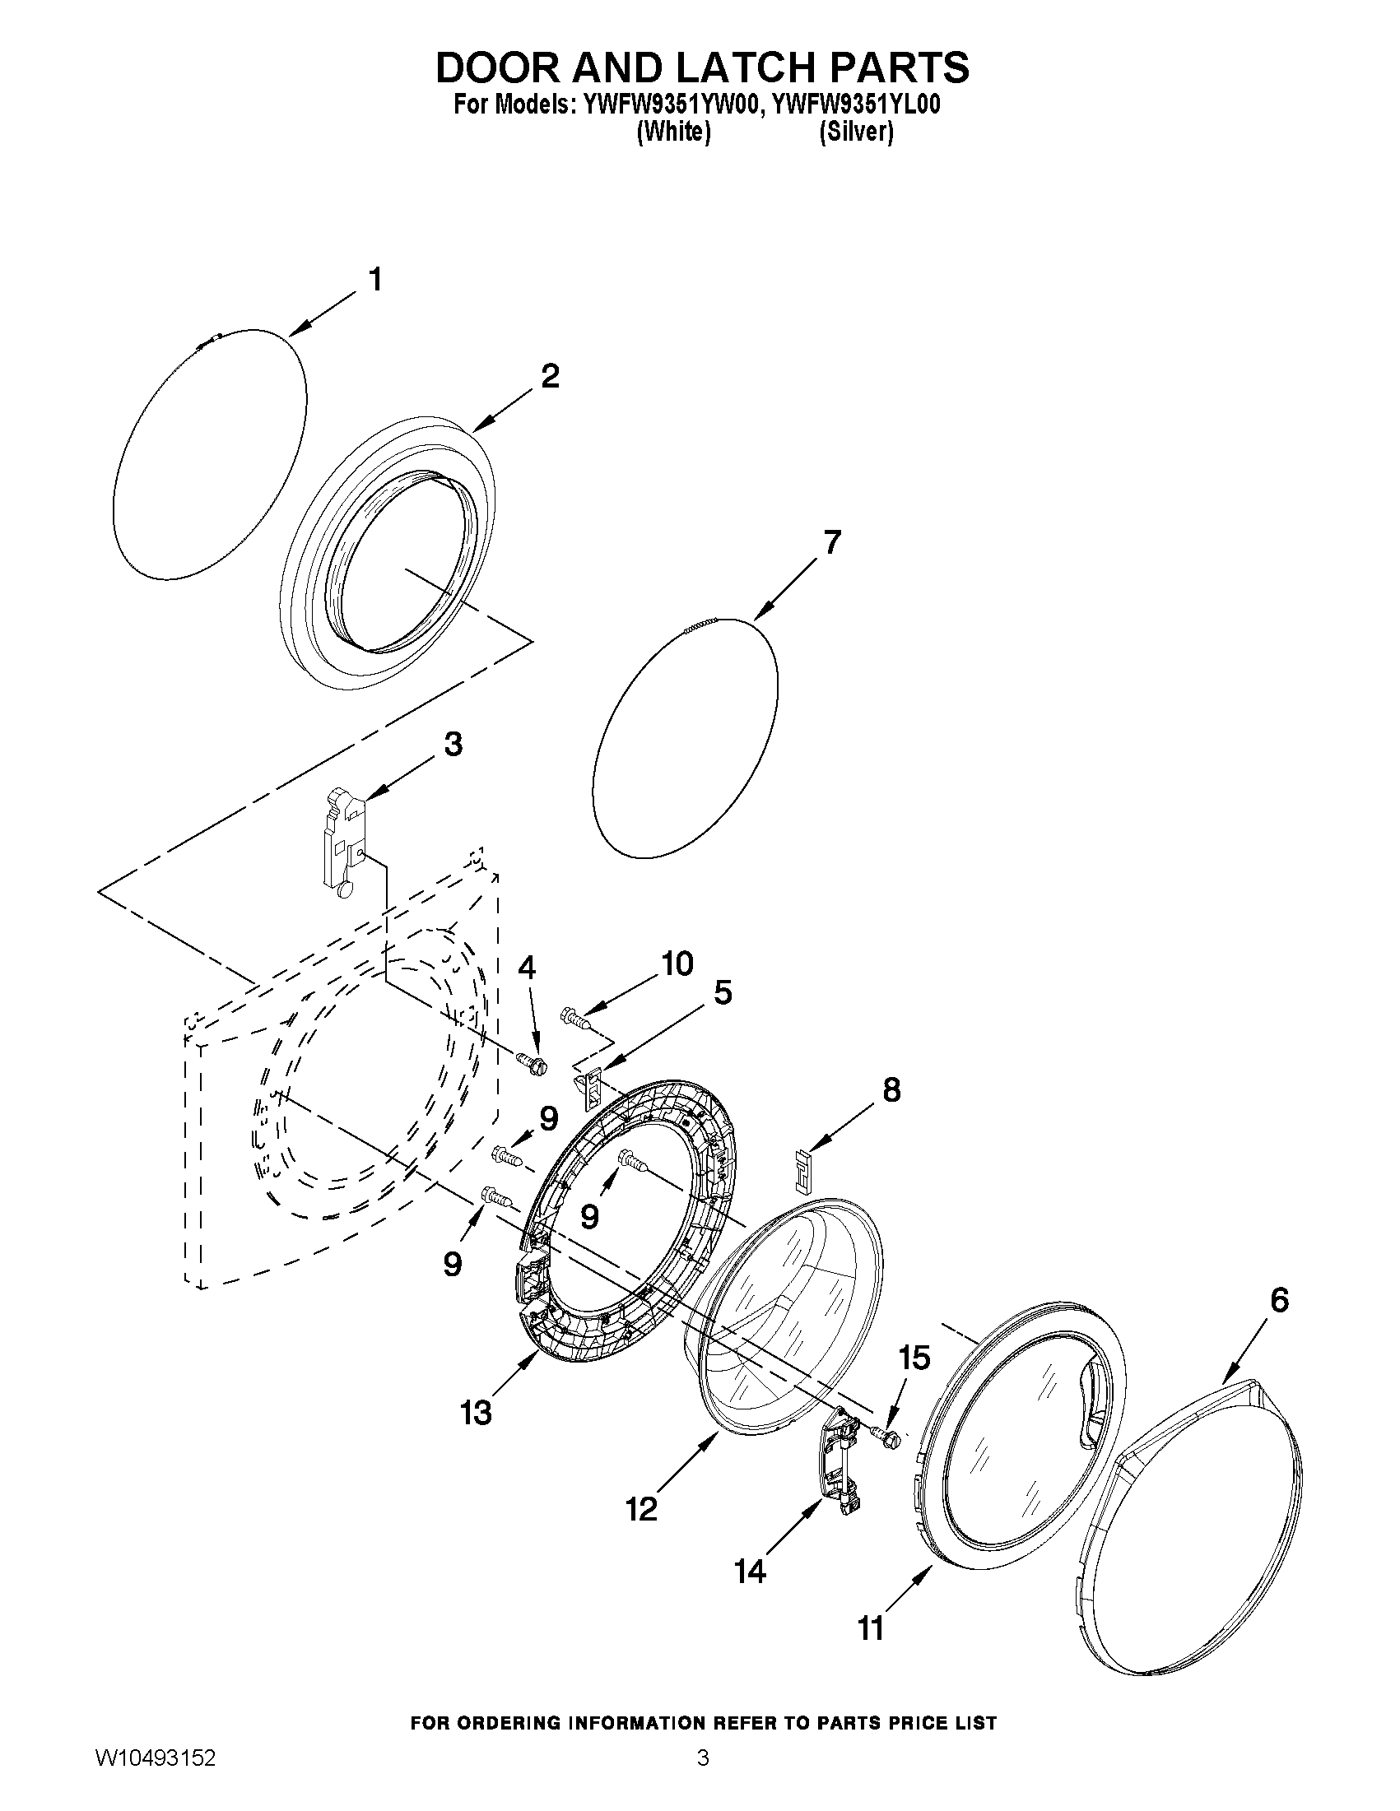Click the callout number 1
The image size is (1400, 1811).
(x=374, y=281)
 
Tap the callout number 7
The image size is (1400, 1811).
(x=832, y=543)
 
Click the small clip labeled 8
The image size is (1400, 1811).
(x=801, y=1165)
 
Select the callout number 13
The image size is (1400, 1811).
(x=476, y=1412)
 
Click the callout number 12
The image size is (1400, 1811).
(x=641, y=1509)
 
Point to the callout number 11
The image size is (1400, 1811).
(x=870, y=1629)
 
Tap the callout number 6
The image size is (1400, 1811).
(x=1279, y=1301)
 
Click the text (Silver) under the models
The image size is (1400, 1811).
(x=856, y=132)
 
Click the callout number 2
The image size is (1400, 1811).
(x=550, y=377)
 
